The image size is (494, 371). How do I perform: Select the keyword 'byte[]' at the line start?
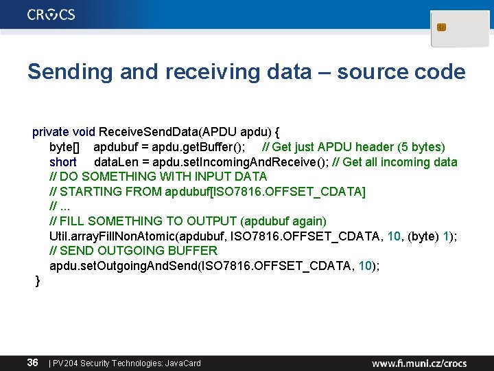coord(64,147)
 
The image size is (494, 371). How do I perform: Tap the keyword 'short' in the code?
coord(63,162)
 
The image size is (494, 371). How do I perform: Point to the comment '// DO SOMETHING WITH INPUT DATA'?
coord(158,177)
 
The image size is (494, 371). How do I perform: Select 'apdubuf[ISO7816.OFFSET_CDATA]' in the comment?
coord(266,191)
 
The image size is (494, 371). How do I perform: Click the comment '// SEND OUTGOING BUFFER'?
coord(133,250)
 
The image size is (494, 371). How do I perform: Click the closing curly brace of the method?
coord(38,280)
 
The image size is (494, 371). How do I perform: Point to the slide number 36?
coord(32,362)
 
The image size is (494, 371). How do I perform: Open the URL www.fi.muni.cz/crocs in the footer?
coord(419,363)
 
